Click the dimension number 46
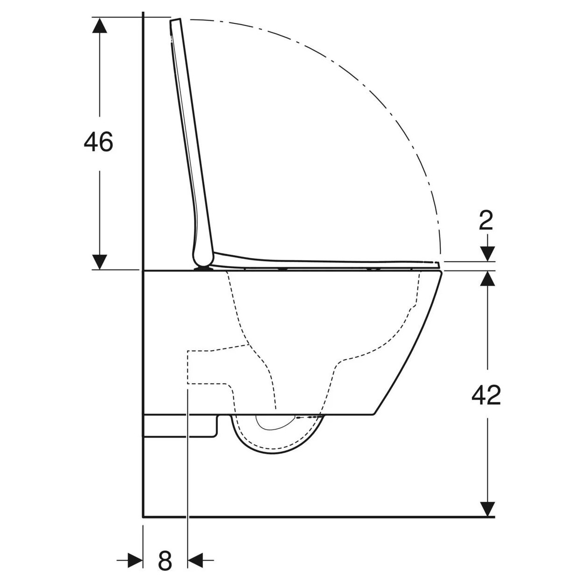[x=98, y=142]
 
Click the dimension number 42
[x=486, y=395]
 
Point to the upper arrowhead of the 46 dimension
[x=99, y=25]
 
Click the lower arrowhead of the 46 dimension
[x=99, y=262]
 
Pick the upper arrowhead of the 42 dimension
[x=487, y=278]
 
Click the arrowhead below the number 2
[x=487, y=254]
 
